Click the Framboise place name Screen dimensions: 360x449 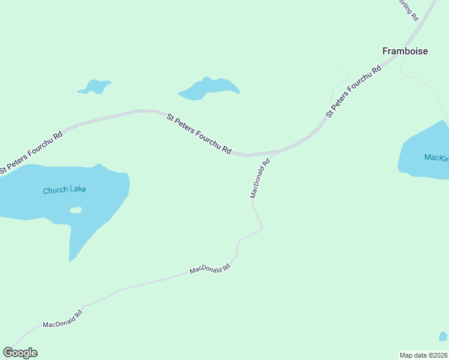tap(405, 51)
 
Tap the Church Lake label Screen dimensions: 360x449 tap(64, 190)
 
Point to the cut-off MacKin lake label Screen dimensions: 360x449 tap(436, 158)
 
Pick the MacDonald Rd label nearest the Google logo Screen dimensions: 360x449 tap(62, 319)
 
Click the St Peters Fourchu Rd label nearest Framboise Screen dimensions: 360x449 tap(353, 91)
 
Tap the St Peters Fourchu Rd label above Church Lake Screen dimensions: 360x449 tap(31, 152)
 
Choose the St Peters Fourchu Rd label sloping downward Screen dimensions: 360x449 tap(199, 134)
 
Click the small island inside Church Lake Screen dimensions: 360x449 tap(76, 210)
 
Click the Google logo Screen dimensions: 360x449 tap(20, 353)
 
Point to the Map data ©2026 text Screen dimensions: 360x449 tap(424, 355)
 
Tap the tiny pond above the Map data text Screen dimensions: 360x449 tap(443, 337)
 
